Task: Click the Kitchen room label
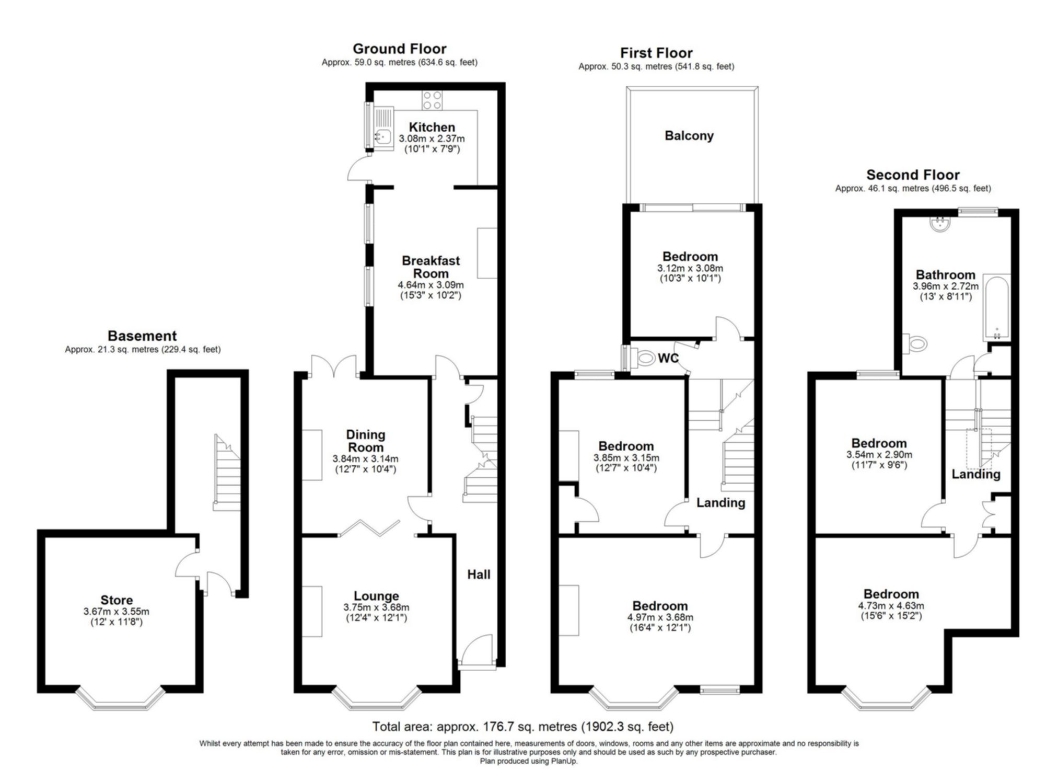point(432,127)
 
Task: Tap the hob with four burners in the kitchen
point(432,100)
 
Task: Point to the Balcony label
point(689,136)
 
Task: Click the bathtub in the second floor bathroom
point(997,308)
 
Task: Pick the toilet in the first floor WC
point(644,358)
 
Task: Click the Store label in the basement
point(117,600)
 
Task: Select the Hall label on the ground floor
point(479,574)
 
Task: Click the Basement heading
point(142,336)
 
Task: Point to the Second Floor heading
point(913,175)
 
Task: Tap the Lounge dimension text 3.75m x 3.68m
point(376,607)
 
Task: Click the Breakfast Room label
point(431,267)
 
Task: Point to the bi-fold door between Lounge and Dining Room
point(369,528)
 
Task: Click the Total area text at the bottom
point(522,727)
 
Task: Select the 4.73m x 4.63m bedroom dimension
point(891,606)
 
